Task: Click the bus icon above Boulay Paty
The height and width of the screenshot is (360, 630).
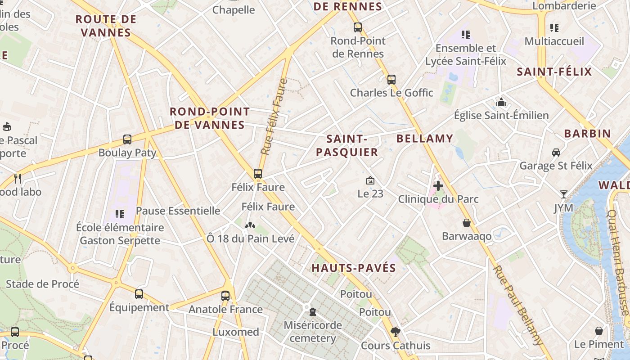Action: tap(127, 139)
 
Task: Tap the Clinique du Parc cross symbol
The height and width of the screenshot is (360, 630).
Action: tap(438, 185)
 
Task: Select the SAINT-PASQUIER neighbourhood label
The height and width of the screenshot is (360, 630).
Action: tap(347, 145)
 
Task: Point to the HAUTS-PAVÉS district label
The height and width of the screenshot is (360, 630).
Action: tap(354, 268)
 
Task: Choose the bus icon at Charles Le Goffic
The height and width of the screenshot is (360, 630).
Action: tap(391, 80)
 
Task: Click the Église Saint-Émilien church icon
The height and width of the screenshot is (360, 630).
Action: tap(501, 103)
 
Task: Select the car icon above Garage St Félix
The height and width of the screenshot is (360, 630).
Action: tap(556, 153)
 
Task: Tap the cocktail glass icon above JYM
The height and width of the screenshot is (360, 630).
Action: tap(563, 194)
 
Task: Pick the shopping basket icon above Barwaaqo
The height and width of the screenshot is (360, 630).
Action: tap(467, 223)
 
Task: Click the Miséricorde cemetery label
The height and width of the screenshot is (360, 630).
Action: tap(313, 332)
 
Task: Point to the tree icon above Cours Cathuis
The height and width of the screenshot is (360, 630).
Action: tap(396, 332)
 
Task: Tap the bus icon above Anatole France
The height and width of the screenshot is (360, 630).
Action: tap(225, 296)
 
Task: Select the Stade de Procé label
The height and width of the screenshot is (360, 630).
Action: tap(42, 284)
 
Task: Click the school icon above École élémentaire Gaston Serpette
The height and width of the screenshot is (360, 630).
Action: tap(119, 214)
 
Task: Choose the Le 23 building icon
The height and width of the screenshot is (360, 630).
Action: tap(370, 180)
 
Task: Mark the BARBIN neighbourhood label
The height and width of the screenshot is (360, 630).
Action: tap(587, 134)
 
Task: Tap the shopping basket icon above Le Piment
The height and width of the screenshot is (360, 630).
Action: tap(599, 331)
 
